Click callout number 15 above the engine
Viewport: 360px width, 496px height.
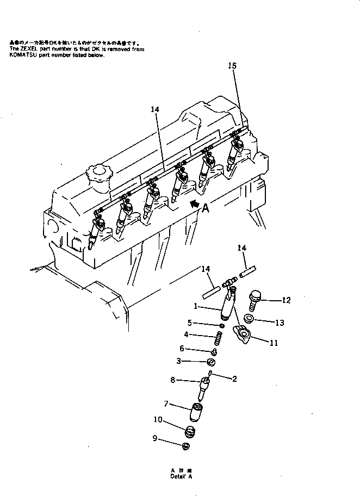(x=232, y=66)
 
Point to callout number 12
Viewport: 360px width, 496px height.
(x=287, y=300)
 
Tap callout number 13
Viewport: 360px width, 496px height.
(x=280, y=323)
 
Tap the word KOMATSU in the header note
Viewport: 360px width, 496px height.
(x=21, y=55)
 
